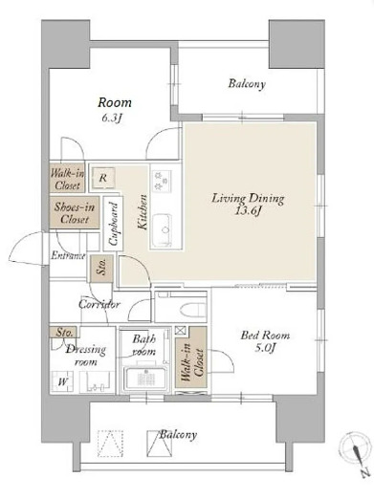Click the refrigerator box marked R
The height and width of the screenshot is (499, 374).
[103, 178]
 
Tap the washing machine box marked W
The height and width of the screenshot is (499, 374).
[62, 381]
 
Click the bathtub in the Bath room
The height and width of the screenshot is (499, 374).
[145, 379]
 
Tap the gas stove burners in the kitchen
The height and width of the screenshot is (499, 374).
[162, 181]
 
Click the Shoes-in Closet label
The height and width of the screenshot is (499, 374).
[75, 213]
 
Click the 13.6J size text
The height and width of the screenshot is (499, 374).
[248, 211]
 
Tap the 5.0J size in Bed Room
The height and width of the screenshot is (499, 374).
[265, 348]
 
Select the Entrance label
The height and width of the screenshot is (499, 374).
[68, 255]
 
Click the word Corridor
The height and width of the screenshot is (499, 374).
[99, 304]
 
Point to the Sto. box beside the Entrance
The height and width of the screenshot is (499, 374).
[101, 269]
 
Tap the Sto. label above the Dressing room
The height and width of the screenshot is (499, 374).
[64, 333]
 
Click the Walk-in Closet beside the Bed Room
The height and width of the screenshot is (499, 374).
[190, 358]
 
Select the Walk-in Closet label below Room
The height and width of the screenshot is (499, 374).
[68, 180]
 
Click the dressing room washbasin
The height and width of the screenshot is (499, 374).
[97, 382]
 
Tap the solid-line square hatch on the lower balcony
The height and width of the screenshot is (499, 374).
[159, 444]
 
